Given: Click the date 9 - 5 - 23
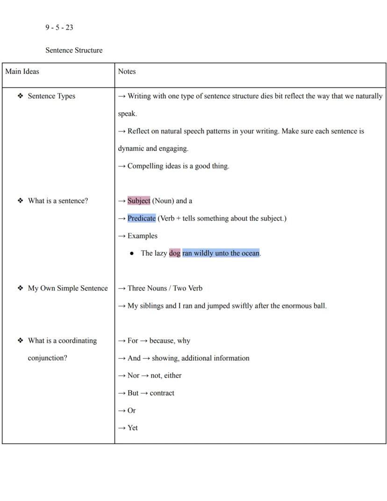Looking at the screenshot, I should [x=59, y=28].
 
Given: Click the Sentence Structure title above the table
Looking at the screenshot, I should [x=74, y=51].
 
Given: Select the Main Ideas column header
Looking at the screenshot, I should [x=22, y=72].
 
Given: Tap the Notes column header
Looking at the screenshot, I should [x=127, y=72].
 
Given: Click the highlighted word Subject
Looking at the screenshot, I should [x=139, y=201].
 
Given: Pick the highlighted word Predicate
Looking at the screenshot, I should [x=142, y=218].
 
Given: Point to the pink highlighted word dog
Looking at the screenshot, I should [x=174, y=253].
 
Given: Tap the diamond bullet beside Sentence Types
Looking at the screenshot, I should [x=20, y=96].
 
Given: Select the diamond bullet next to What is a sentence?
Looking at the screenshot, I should [x=20, y=201].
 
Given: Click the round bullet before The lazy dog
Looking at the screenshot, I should [x=132, y=254].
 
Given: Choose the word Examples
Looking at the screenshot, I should [x=143, y=236].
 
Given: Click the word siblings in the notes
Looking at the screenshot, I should [x=153, y=306].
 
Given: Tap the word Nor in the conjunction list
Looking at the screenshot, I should [x=133, y=376].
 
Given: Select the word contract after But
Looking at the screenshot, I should [x=162, y=393].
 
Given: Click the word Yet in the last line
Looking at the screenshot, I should [x=133, y=428].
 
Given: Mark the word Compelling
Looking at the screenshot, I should [x=145, y=166].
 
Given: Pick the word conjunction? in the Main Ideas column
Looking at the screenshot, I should [x=47, y=358].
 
